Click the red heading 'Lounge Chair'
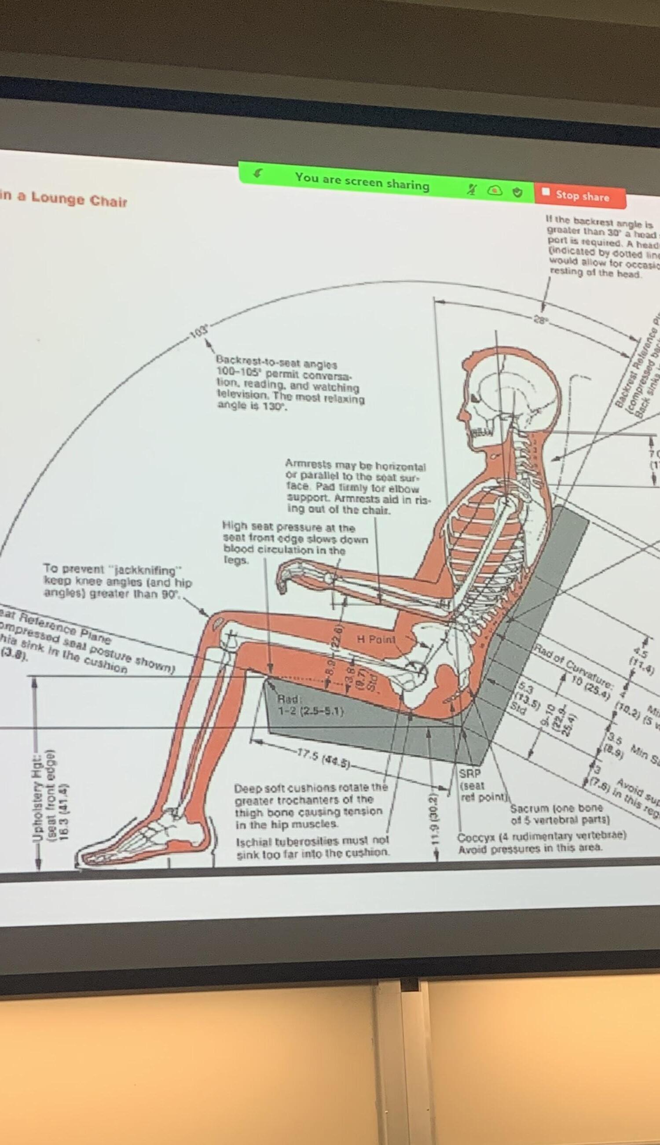click(79, 199)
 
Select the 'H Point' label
click(376, 639)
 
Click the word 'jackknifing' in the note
click(147, 570)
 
